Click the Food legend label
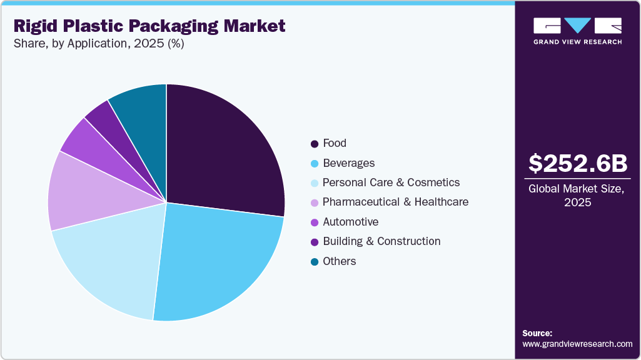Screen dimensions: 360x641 pos(335,143)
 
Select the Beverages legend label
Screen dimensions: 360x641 pos(348,163)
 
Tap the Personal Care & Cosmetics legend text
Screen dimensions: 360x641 pos(391,182)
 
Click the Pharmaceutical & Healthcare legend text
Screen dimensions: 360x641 pos(395,202)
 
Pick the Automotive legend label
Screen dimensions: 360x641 pos(350,222)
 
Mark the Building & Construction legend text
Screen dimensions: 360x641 pos(381,241)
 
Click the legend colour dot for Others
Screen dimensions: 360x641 pos(314,262)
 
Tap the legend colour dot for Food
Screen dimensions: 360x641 pos(314,144)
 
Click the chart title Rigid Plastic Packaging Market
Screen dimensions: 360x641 pos(149,26)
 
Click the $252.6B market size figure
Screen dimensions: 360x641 pos(577,163)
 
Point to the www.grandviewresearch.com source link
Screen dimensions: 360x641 pos(577,344)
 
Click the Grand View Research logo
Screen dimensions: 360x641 pos(577,31)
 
